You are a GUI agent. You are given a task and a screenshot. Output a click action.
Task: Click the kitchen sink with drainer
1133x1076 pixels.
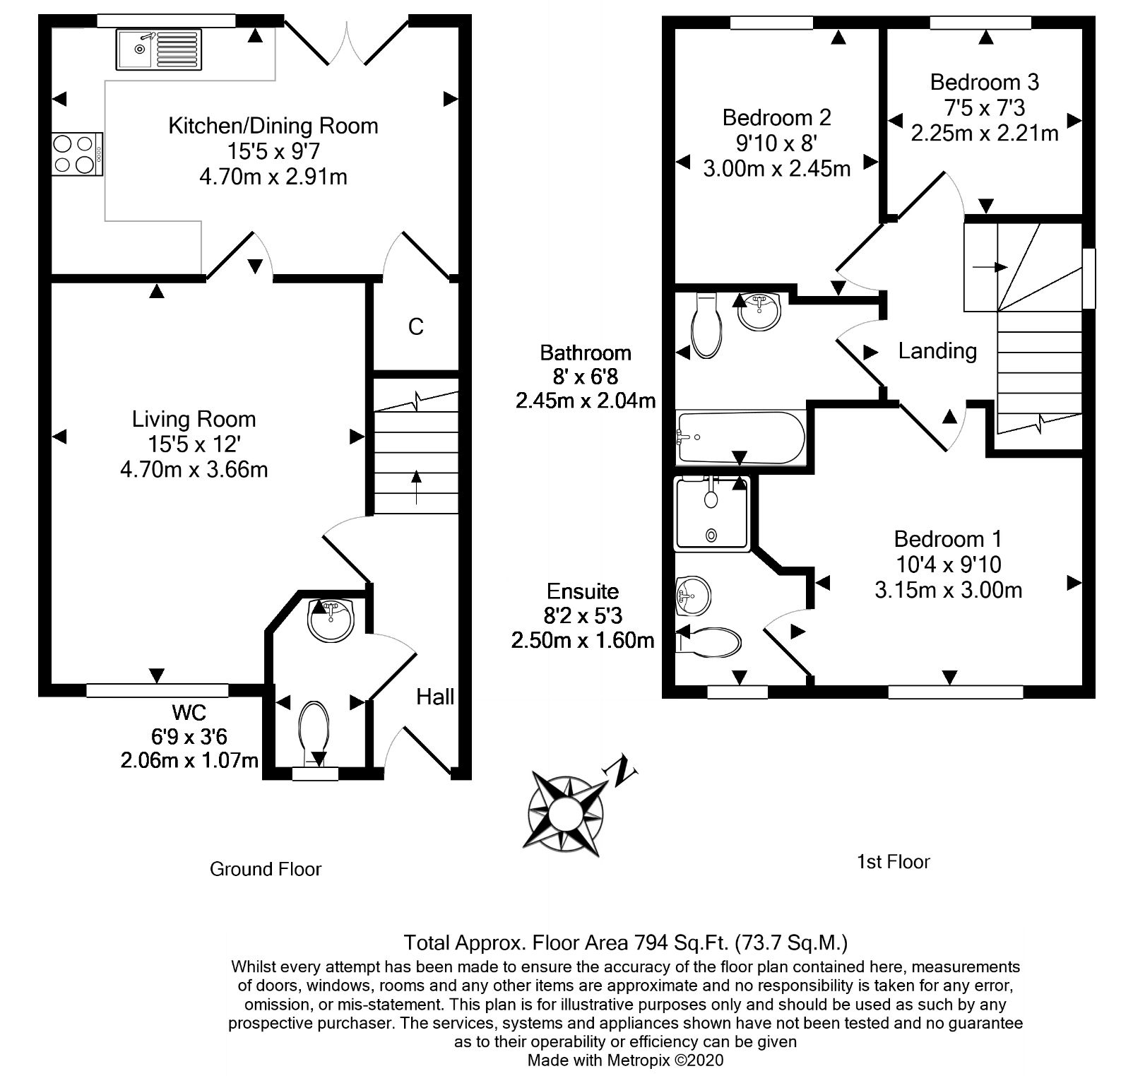point(159,49)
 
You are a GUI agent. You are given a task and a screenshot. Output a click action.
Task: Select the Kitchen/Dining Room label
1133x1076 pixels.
point(273,126)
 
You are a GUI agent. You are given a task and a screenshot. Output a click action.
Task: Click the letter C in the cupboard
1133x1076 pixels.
point(415,326)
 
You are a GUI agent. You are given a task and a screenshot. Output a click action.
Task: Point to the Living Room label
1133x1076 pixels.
point(194,419)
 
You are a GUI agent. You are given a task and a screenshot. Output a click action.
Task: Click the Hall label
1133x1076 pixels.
point(434,697)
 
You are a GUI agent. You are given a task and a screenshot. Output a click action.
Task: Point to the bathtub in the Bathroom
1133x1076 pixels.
point(740,437)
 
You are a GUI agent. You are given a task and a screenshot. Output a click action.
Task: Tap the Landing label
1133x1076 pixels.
point(937,350)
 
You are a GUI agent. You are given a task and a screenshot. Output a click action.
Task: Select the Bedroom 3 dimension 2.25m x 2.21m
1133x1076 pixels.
point(984,133)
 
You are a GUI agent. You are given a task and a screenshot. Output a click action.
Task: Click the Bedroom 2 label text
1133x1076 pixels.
point(776,117)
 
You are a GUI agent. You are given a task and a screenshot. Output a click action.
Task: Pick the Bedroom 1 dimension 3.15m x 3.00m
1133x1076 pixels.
point(948,590)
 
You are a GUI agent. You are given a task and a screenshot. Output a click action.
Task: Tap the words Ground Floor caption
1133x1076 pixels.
point(266,869)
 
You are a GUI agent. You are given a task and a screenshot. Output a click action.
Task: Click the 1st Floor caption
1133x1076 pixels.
point(893,862)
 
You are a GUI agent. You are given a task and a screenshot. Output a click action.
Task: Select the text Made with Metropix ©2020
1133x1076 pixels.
point(625,1060)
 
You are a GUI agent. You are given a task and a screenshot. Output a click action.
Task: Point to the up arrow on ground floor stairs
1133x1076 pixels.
point(415,487)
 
